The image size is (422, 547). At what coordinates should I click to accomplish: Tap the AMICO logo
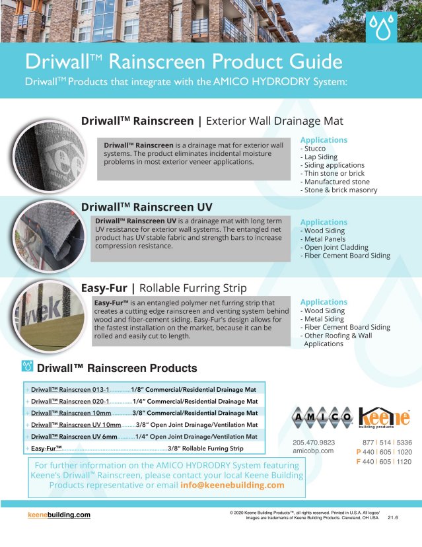pyautogui.click(x=322, y=418)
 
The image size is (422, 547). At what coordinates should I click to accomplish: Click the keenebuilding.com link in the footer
pyautogui.click(x=59, y=515)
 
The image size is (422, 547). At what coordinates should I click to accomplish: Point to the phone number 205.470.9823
pyautogui.click(x=314, y=442)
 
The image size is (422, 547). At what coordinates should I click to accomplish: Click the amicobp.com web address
pyautogui.click(x=312, y=451)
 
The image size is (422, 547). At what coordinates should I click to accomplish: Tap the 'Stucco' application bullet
pyautogui.click(x=314, y=149)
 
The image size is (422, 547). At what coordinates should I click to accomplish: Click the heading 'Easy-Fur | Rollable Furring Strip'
pyautogui.click(x=163, y=288)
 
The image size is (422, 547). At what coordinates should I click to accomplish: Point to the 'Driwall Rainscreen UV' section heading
pyautogui.click(x=147, y=207)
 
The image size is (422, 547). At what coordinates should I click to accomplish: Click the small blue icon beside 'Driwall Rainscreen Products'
pyautogui.click(x=28, y=366)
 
